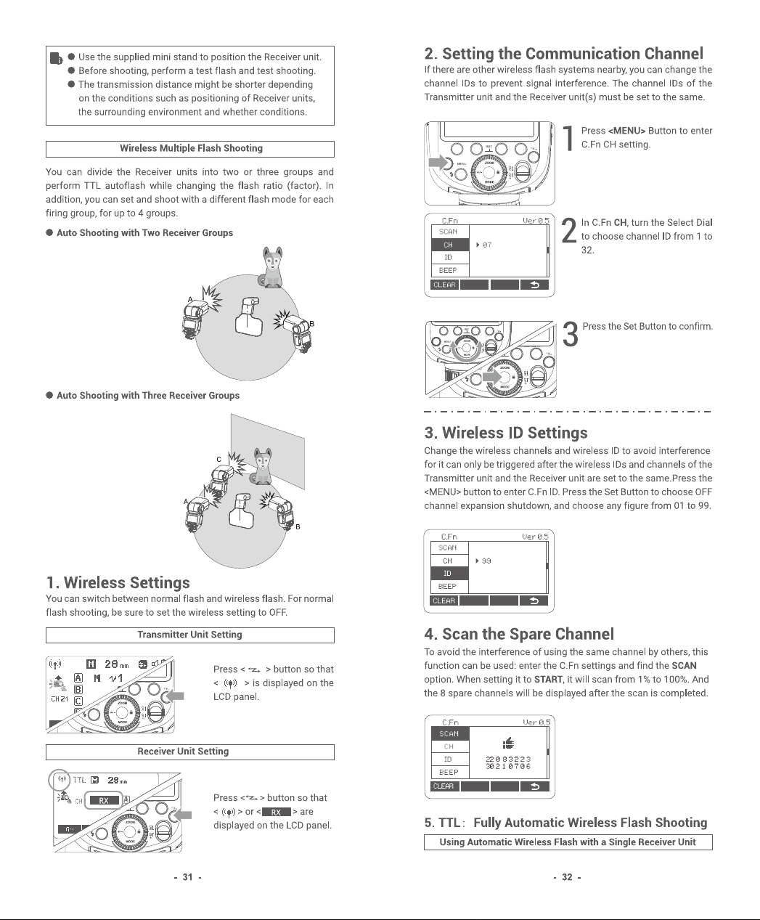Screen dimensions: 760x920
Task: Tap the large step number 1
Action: point(569,139)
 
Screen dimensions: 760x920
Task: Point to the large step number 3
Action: point(571,335)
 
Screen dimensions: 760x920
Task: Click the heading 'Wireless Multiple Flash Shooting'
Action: point(191,148)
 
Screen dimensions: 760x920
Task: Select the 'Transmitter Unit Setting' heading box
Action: point(190,635)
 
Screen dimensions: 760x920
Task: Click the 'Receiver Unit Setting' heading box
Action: point(190,752)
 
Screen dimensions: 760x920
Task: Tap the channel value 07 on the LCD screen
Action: point(487,245)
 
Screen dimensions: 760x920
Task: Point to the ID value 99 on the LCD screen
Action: point(486,561)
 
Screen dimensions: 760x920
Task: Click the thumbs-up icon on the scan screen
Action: point(508,744)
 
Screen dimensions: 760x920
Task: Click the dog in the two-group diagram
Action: point(271,267)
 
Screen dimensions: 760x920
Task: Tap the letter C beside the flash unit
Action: point(218,460)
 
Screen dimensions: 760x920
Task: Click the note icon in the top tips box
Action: point(57,58)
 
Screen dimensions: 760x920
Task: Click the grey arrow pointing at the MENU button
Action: point(438,162)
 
